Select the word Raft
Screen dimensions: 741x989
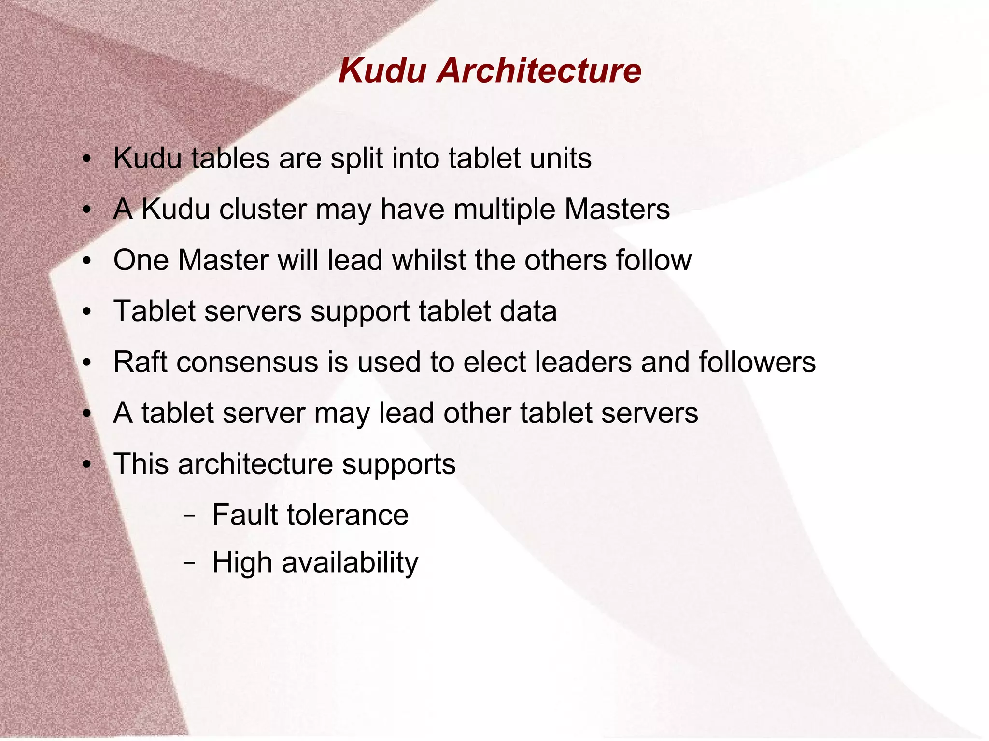click(140, 362)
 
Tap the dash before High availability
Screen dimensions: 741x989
click(189, 563)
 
